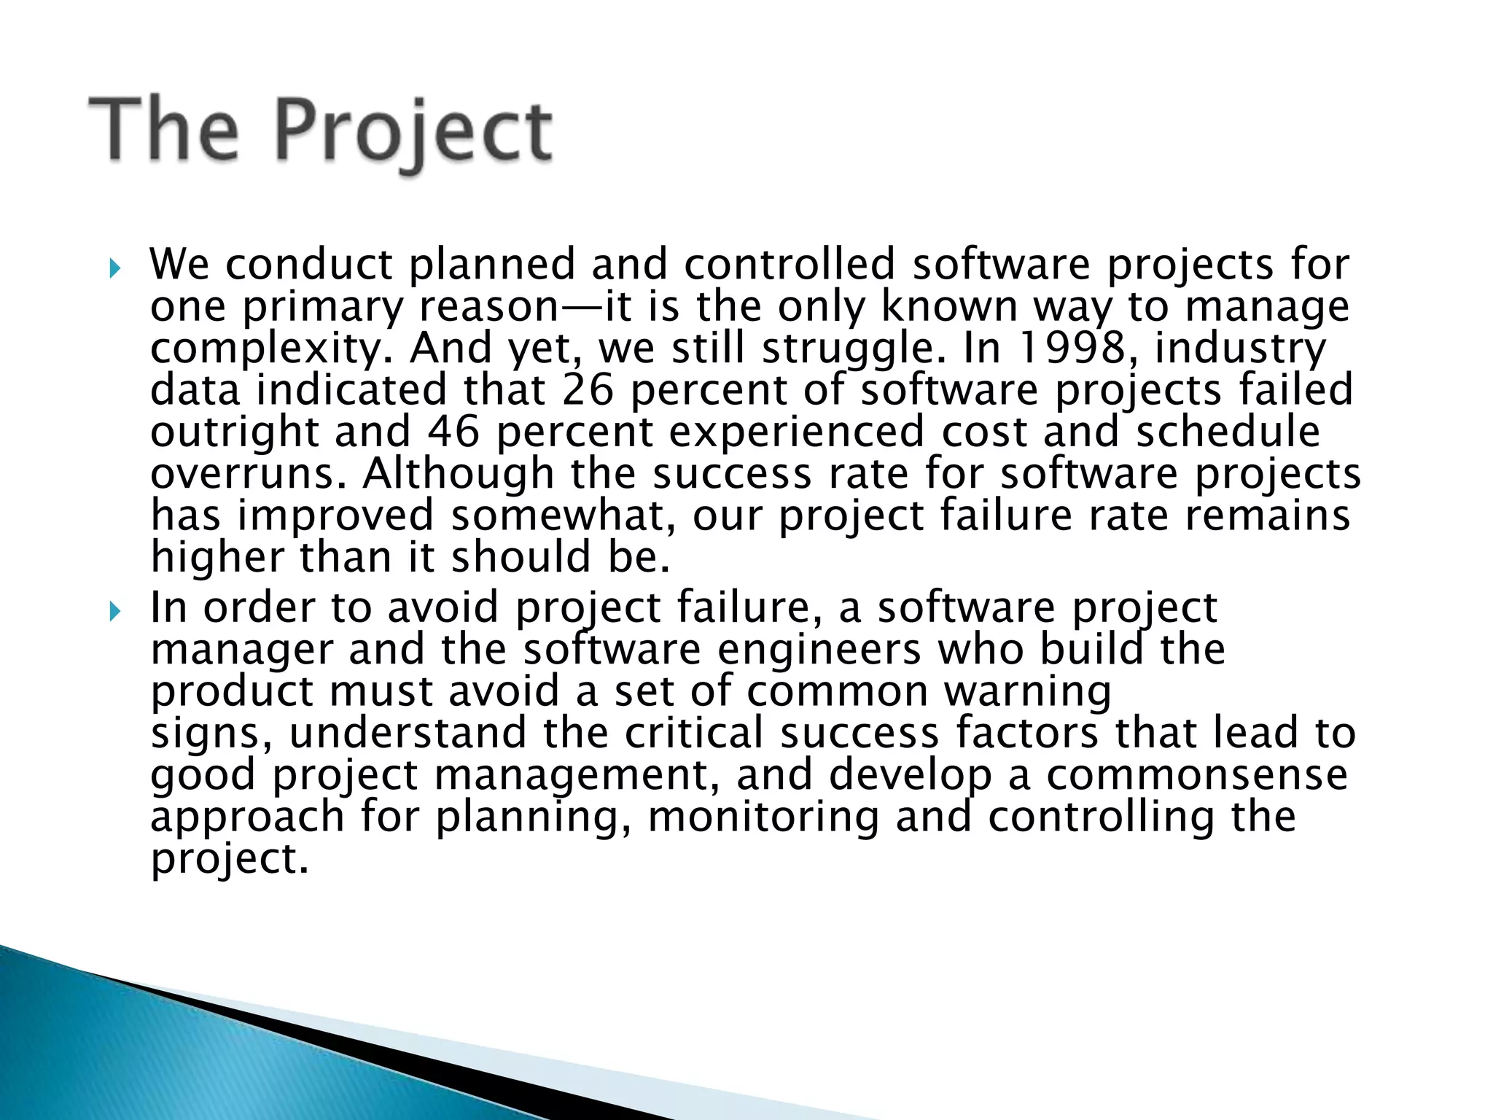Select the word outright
[x=235, y=432]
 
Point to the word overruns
[x=246, y=474]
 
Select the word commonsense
[x=1197, y=775]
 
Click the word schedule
[x=1228, y=432]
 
